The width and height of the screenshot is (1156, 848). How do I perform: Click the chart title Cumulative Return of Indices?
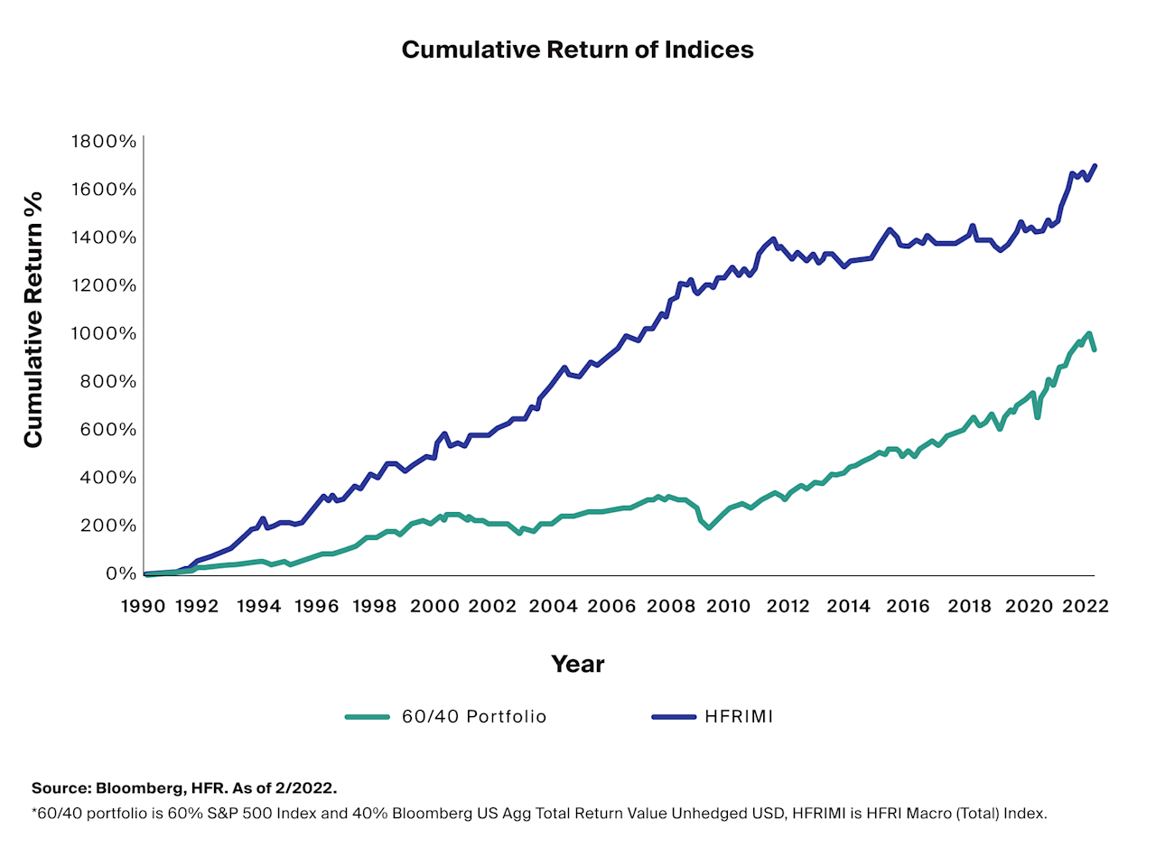pos(577,50)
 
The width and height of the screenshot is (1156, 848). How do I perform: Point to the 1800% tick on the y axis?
pos(104,142)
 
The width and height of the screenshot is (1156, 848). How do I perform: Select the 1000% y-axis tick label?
pos(104,333)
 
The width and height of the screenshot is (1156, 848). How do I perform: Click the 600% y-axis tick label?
pos(107,429)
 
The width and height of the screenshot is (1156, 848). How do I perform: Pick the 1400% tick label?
pos(104,238)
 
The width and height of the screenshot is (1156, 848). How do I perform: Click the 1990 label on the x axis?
pos(143,607)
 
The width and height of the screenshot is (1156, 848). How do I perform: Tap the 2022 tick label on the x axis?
pos(1084,607)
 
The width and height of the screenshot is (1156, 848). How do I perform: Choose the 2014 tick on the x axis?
pos(848,607)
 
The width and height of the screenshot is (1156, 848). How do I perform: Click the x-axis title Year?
pos(577,665)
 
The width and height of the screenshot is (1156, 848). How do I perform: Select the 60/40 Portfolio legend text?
pos(474,717)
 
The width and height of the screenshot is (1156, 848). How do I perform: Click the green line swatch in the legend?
pos(367,717)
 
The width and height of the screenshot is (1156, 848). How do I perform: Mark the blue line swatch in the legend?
pos(674,717)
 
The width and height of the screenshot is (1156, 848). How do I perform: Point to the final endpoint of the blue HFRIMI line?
pos(1095,165)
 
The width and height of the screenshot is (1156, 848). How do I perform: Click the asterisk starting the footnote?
pos(34,812)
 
